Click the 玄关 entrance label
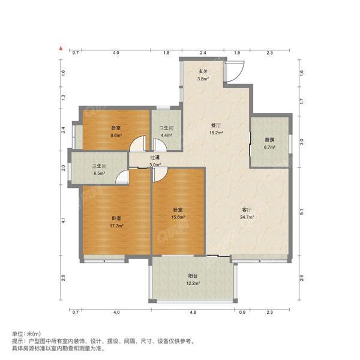tap(203, 71)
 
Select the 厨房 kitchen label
tap(269, 140)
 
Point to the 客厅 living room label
tap(247, 209)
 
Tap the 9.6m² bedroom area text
tap(116, 135)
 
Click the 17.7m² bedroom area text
tap(116, 226)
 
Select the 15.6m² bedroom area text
tap(178, 217)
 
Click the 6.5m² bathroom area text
tap(99, 174)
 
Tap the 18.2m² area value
tap(215, 133)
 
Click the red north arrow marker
tap(61, 46)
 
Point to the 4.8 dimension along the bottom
tap(193, 312)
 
